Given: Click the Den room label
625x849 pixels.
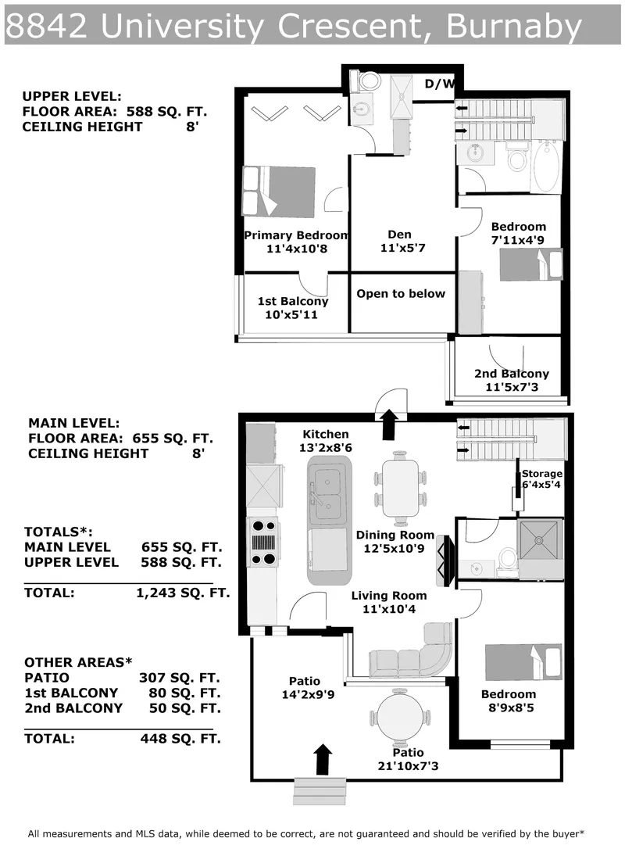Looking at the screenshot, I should pos(399,235).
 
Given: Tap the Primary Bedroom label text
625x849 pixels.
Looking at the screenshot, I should pos(295,235).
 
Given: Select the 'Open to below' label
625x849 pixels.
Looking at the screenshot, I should pos(401,294).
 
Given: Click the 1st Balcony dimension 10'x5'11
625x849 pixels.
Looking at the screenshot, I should pos(293,315).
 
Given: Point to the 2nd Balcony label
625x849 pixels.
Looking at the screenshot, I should pos(512,374).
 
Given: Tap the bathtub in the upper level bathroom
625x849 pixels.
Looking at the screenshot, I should pos(547,166).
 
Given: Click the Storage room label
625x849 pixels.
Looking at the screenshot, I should pos(541,474).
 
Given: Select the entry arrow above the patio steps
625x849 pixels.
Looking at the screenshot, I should pos(322,758).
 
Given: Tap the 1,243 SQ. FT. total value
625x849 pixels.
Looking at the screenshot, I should pos(183,593).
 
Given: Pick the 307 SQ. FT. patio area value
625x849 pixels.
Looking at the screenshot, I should pos(179,678).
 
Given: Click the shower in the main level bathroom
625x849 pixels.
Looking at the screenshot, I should pos(540,541).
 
